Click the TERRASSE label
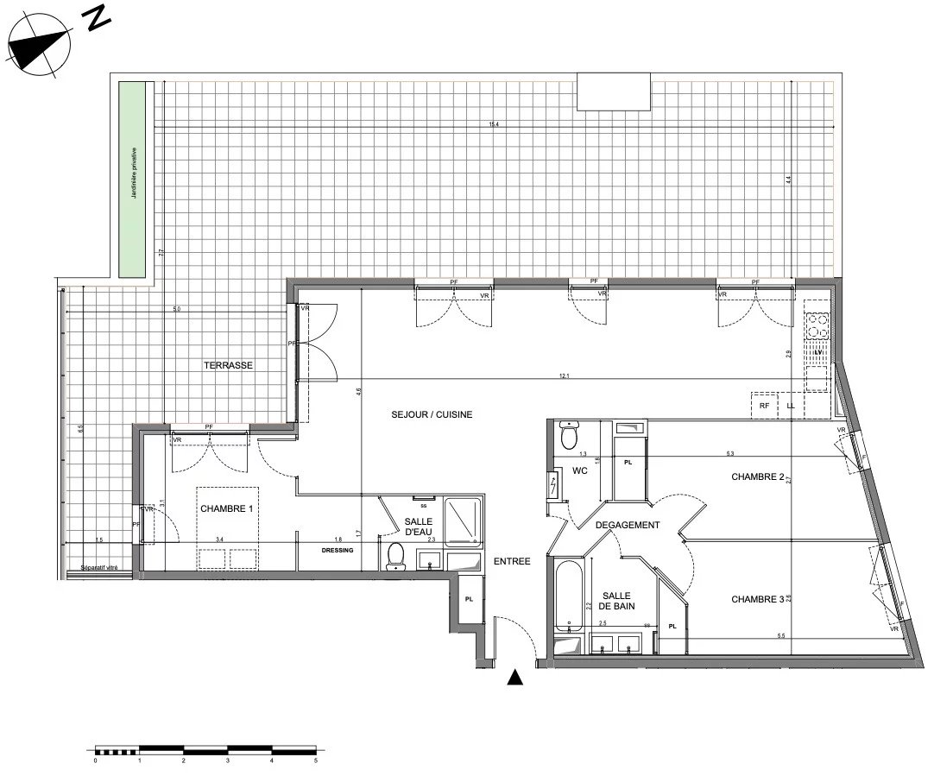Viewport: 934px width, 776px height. coord(229,365)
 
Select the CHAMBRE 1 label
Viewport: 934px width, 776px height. coord(227,509)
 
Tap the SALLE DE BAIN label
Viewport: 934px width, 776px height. coord(616,602)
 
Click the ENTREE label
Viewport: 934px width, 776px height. coord(512,562)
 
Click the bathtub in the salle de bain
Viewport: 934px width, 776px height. coord(568,596)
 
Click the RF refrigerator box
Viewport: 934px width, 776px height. coord(764,405)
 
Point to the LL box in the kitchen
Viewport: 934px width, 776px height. coord(790,405)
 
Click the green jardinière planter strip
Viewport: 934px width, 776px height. coord(133,180)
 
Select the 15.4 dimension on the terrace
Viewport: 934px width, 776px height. coord(495,125)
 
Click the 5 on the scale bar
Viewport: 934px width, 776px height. coord(316,760)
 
